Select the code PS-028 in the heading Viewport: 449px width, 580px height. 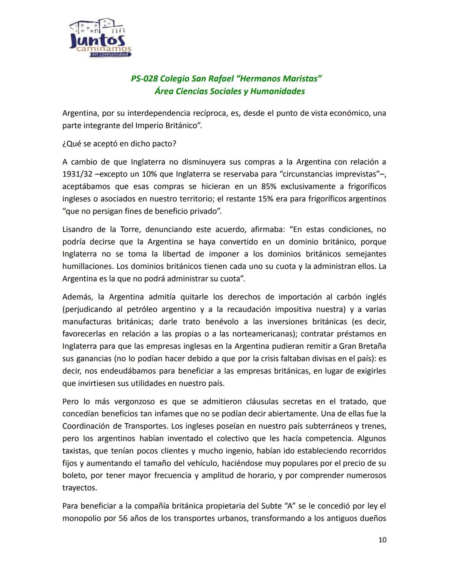pyautogui.click(x=144, y=79)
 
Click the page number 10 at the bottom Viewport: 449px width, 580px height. pyautogui.click(x=382, y=540)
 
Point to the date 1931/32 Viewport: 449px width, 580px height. pyautogui.click(x=79, y=174)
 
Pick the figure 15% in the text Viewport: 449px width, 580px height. pyautogui.click(x=266, y=199)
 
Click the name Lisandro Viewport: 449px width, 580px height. pyautogui.click(x=78, y=230)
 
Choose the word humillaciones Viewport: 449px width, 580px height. pyautogui.click(x=88, y=266)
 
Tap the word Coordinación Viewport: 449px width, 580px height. pyautogui.click(x=86, y=426)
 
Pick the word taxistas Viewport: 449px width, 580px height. pyautogui.click(x=77, y=451)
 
